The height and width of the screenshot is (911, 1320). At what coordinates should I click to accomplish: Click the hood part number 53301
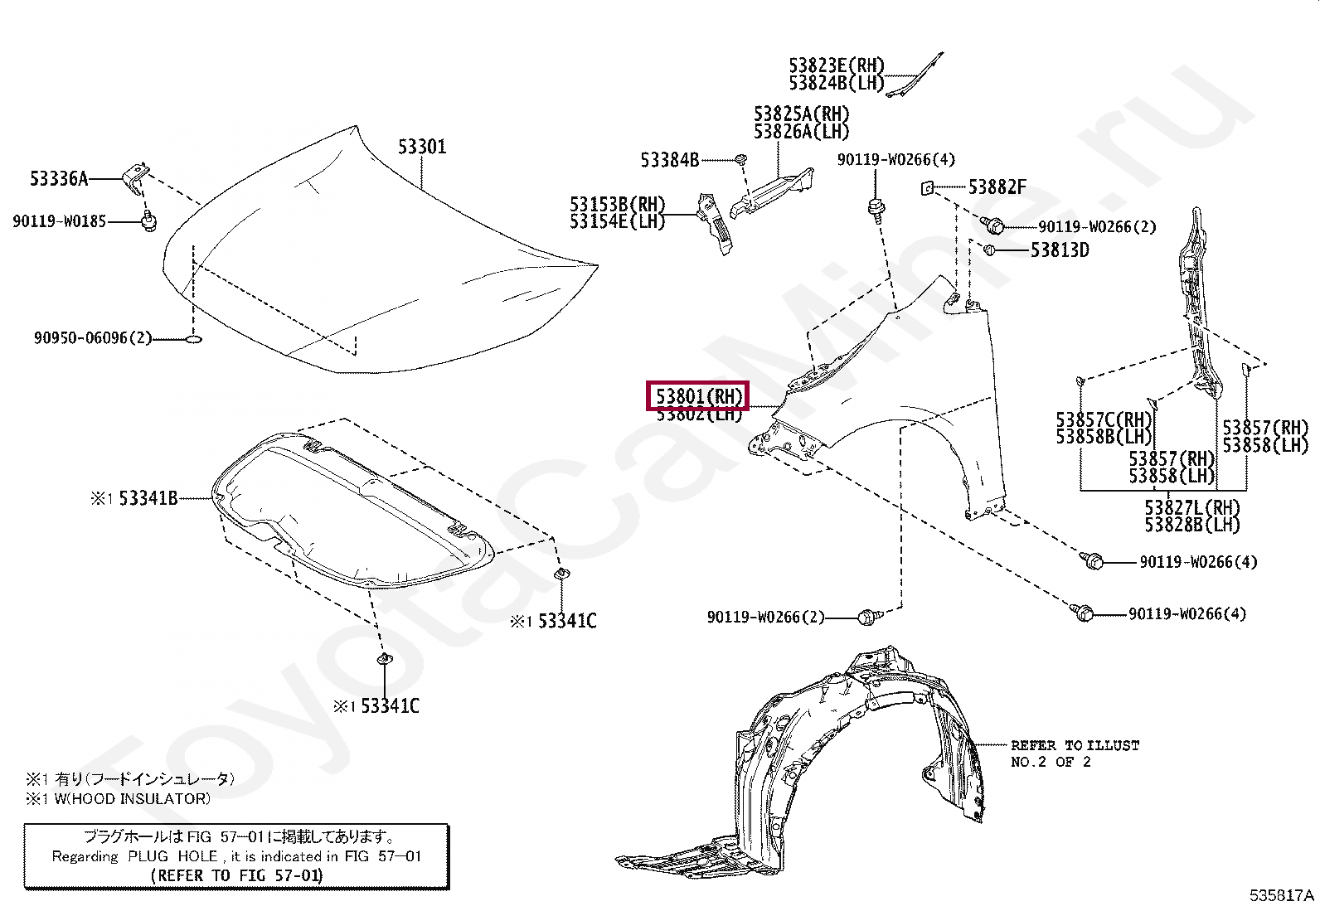click(422, 147)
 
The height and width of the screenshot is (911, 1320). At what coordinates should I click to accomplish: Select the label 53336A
click(58, 178)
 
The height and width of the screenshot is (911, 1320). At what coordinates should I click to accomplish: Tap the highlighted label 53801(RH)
click(698, 396)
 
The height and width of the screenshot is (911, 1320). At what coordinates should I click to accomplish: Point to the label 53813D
click(1060, 250)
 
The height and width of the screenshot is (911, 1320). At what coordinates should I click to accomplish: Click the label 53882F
click(997, 187)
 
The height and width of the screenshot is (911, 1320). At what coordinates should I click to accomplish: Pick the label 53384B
click(669, 159)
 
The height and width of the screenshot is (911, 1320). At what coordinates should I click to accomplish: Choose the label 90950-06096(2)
click(93, 338)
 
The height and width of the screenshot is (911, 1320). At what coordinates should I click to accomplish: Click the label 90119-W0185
click(59, 221)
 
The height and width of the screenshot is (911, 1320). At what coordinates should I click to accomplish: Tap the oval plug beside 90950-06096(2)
click(193, 339)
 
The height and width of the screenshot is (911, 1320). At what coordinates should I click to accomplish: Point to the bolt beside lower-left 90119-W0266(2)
click(867, 617)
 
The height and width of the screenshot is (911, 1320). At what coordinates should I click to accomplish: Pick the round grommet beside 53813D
click(989, 250)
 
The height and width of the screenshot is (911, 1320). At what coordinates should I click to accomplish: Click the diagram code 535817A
click(1282, 895)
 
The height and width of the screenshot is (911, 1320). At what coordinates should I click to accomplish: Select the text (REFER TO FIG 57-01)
click(236, 875)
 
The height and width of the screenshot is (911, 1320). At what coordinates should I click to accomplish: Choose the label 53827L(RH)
click(1192, 507)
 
